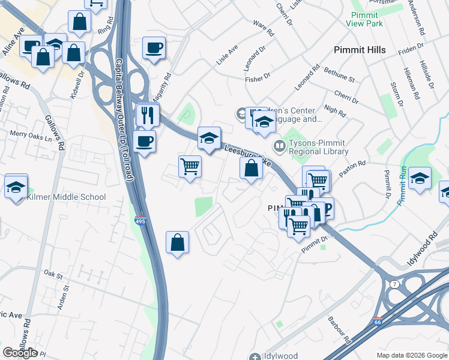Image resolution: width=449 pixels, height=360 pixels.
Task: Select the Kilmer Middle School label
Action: (x=67, y=197)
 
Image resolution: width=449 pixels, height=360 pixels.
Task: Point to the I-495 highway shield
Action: (x=140, y=221)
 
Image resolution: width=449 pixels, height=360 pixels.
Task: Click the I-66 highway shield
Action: (x=378, y=322)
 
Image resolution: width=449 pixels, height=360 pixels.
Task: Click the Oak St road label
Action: (x=53, y=275)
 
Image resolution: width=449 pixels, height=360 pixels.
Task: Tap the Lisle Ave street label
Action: (x=228, y=54)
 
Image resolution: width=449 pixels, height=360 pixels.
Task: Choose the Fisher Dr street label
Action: (x=259, y=79)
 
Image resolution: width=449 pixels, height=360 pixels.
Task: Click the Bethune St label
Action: (x=339, y=76)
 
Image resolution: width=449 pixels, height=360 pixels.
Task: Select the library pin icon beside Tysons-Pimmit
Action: (x=279, y=146)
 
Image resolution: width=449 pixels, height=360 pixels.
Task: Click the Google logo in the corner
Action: (x=20, y=353)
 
